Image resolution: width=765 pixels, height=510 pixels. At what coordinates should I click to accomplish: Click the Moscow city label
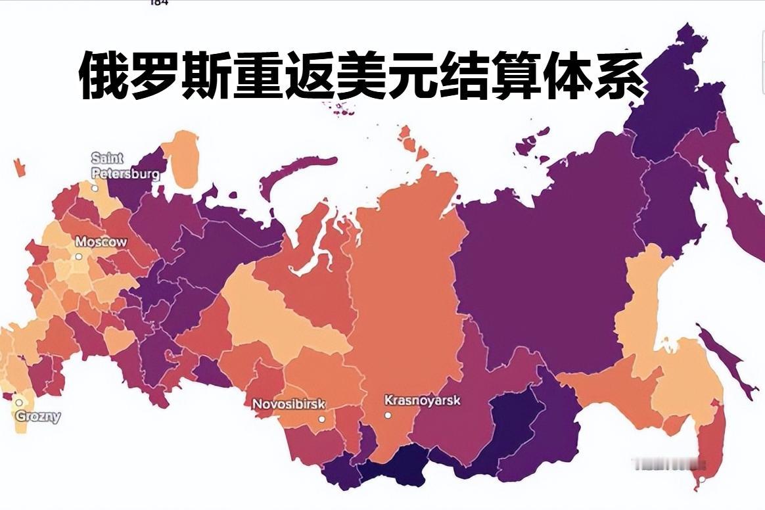(101, 242)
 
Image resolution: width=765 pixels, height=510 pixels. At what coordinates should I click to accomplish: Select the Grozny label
(37, 416)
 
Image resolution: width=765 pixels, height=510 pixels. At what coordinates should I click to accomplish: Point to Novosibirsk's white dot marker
(321, 419)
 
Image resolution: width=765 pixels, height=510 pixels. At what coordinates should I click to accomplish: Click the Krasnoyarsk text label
(422, 400)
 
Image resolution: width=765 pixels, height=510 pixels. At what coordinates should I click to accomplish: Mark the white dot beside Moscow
(78, 256)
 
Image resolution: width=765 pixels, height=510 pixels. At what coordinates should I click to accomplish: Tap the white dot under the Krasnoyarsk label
(388, 415)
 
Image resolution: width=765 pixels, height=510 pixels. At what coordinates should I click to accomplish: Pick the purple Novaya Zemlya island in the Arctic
(296, 174)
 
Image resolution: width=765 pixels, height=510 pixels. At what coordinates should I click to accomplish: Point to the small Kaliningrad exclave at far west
(19, 167)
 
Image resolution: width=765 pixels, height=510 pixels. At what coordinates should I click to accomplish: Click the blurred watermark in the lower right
(664, 463)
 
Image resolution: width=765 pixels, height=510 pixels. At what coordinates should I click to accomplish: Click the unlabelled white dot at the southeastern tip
(702, 479)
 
